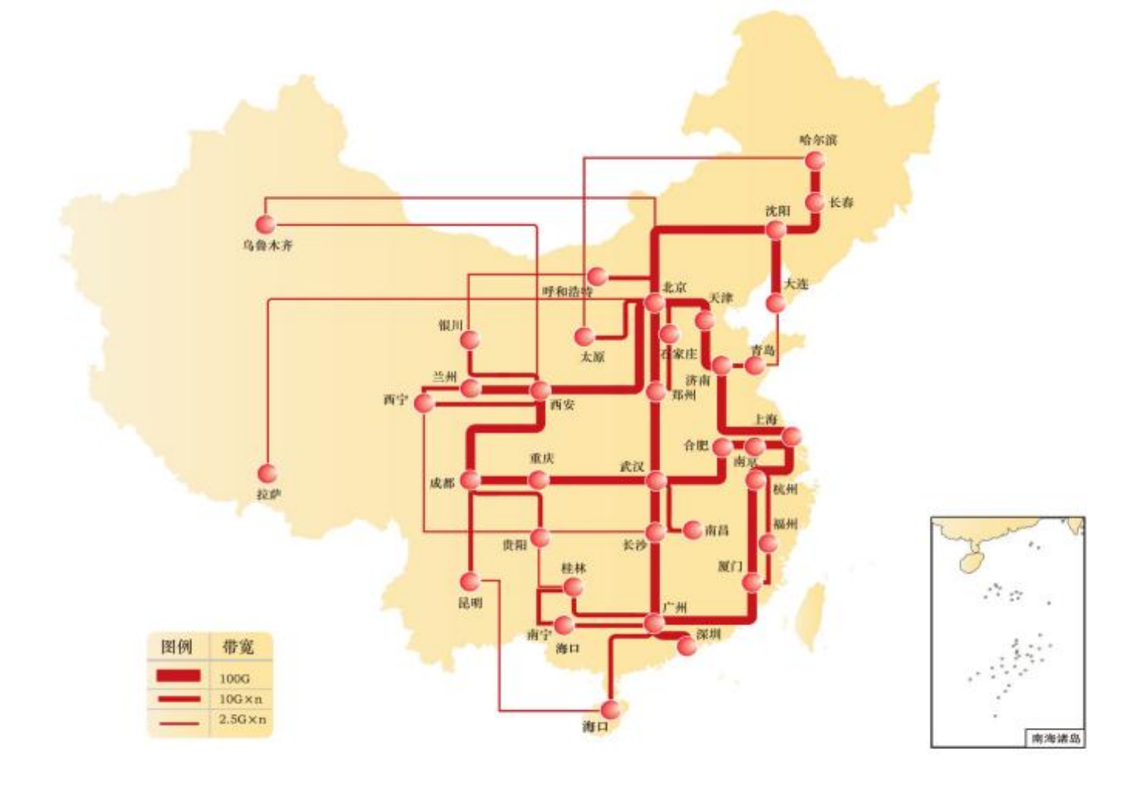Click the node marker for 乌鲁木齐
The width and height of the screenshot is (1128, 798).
[266, 224]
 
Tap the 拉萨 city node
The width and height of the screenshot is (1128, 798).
[267, 473]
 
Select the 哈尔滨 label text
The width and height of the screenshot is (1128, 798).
[818, 140]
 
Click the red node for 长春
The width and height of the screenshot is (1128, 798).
[815, 202]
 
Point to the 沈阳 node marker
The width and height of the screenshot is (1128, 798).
[776, 229]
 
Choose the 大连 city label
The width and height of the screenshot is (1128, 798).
[796, 284]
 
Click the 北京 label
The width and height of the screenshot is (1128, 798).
[675, 287]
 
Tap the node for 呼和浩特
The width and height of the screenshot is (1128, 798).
[596, 276]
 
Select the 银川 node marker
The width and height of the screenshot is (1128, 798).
[470, 340]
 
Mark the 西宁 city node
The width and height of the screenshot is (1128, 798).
[424, 403]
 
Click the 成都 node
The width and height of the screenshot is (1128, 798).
[470, 480]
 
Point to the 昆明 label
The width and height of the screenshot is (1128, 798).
[470, 603]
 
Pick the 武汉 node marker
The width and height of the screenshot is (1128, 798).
[656, 481]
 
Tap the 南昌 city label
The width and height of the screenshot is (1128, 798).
[717, 530]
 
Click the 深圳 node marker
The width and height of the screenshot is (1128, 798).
[686, 646]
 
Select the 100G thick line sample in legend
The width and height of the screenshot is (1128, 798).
[179, 677]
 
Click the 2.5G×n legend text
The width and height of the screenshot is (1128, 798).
[242, 719]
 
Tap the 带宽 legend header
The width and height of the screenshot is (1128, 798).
[237, 646]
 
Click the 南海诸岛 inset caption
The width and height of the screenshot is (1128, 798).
[1056, 738]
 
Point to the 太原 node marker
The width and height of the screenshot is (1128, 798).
[585, 337]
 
